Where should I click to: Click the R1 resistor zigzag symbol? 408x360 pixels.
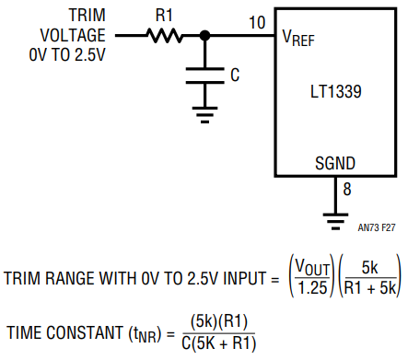click(x=165, y=36)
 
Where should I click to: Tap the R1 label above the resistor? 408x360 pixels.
click(x=164, y=16)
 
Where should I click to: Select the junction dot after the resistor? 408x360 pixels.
click(x=204, y=36)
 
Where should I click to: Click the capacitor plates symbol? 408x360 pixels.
click(x=204, y=75)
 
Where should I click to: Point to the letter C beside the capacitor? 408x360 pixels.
click(x=235, y=75)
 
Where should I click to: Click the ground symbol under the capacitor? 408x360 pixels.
click(x=204, y=115)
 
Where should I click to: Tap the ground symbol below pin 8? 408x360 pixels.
click(x=335, y=221)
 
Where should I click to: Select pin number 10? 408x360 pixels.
click(x=257, y=23)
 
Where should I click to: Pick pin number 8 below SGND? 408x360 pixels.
click(x=347, y=189)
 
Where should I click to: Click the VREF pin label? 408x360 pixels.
click(x=298, y=39)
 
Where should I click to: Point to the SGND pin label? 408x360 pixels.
click(x=335, y=163)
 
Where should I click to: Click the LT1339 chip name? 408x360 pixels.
click(x=336, y=91)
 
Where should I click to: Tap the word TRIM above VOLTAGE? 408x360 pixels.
click(x=87, y=16)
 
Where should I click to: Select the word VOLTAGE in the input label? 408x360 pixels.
click(x=73, y=35)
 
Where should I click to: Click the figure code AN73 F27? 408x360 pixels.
click(x=377, y=227)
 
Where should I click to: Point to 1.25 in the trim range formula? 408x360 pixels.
click(x=312, y=288)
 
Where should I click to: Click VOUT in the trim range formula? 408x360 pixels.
click(x=312, y=267)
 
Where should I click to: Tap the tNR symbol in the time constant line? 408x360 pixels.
click(x=145, y=334)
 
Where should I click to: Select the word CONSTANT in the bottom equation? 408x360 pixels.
click(x=85, y=332)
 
